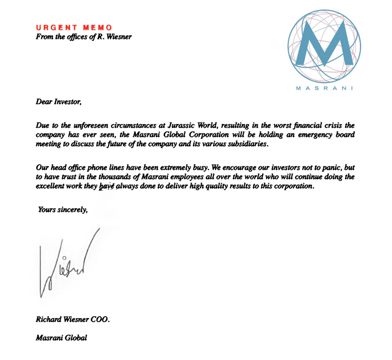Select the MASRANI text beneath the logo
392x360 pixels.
pyautogui.click(x=324, y=89)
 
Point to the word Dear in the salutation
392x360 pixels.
pyautogui.click(x=44, y=103)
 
